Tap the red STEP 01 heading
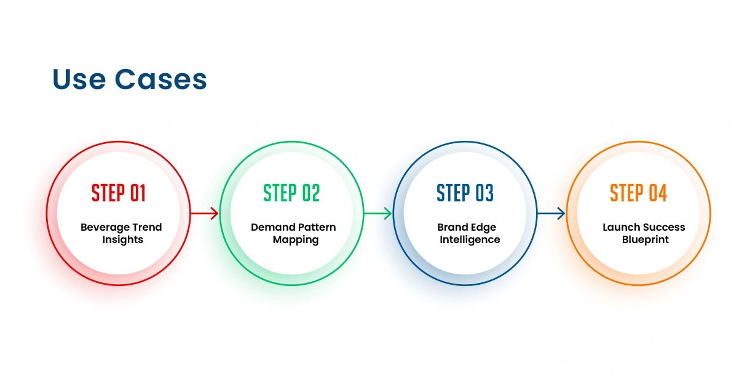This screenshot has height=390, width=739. click(x=119, y=193)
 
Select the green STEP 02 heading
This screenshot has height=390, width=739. click(x=292, y=193)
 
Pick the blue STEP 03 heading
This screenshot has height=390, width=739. click(x=465, y=193)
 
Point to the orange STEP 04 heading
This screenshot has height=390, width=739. click(x=639, y=193)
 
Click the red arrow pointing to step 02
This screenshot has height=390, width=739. click(x=205, y=213)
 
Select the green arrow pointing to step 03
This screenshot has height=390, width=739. click(x=378, y=213)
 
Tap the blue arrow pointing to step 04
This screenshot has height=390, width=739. click(x=551, y=213)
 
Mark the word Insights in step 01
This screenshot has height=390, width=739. click(x=123, y=240)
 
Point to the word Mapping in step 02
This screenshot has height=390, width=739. click(x=296, y=240)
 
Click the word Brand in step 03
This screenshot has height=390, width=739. click(x=452, y=228)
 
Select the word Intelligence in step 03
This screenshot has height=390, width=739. click(x=470, y=240)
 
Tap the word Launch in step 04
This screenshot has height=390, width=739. click(x=621, y=228)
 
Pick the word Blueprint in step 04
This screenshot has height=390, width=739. click(x=646, y=240)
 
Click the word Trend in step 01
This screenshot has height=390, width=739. click(x=146, y=228)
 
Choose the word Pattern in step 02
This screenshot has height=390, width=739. click(x=317, y=228)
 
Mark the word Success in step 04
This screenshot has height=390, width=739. click(x=665, y=228)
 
